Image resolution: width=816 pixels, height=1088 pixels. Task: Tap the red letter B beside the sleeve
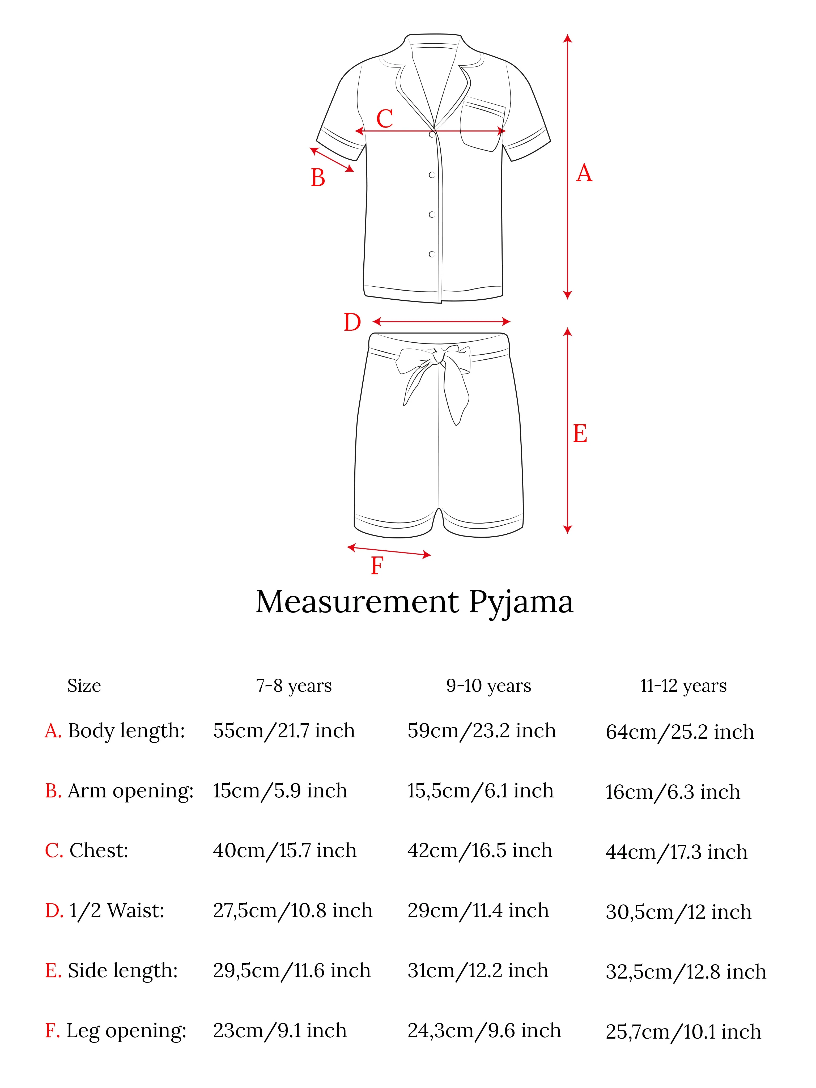tap(318, 177)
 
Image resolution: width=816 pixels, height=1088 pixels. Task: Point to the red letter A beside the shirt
tap(584, 173)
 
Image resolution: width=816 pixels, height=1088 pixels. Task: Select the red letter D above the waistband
tap(352, 323)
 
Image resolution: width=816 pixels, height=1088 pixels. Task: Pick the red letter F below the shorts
tap(377, 566)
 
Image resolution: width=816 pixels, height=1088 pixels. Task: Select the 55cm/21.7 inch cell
tap(284, 731)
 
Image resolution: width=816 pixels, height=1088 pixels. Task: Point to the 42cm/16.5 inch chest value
tap(479, 851)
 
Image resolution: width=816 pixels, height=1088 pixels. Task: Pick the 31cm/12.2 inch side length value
tap(478, 970)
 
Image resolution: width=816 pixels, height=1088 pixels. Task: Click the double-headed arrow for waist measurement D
tap(441, 322)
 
